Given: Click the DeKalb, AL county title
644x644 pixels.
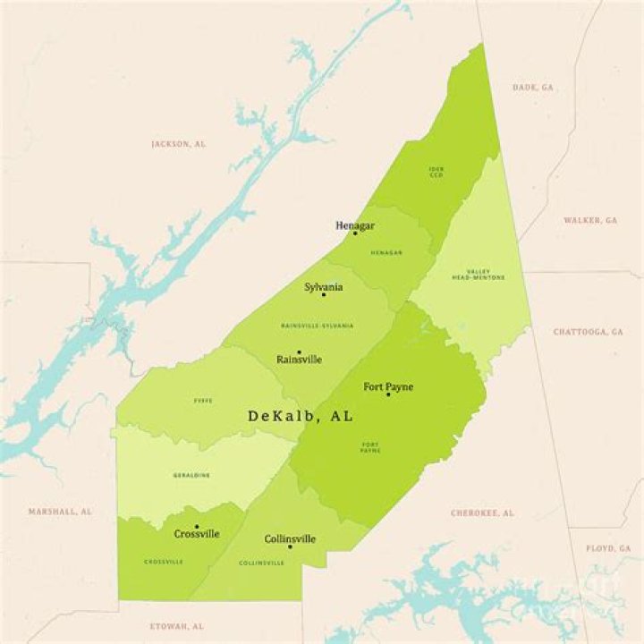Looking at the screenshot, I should (x=300, y=416).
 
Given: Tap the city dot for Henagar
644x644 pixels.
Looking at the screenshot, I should (x=355, y=233).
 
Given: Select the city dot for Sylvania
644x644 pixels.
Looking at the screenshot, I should (x=324, y=294).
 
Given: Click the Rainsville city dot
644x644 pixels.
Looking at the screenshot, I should (x=299, y=352).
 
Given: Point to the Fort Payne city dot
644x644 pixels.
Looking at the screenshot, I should (x=388, y=394).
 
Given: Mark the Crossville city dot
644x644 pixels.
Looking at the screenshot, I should (x=197, y=527).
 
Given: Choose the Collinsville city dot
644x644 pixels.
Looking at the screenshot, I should (x=290, y=547).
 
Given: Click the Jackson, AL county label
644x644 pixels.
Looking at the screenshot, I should (x=178, y=143).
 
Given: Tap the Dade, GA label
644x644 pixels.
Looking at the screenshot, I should (x=532, y=87).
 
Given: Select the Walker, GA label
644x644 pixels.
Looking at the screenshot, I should (x=590, y=220).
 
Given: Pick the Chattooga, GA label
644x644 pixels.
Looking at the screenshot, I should (x=588, y=332).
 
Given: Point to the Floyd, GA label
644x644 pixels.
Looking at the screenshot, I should (x=608, y=547).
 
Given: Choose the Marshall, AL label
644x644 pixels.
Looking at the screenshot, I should (x=60, y=512).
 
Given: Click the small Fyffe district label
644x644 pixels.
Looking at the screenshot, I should (x=203, y=401).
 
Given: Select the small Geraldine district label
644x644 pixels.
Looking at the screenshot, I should (x=191, y=475).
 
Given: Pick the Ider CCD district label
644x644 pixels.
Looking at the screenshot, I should (x=436, y=172).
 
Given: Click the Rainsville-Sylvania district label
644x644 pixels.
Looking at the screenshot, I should (x=317, y=326).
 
